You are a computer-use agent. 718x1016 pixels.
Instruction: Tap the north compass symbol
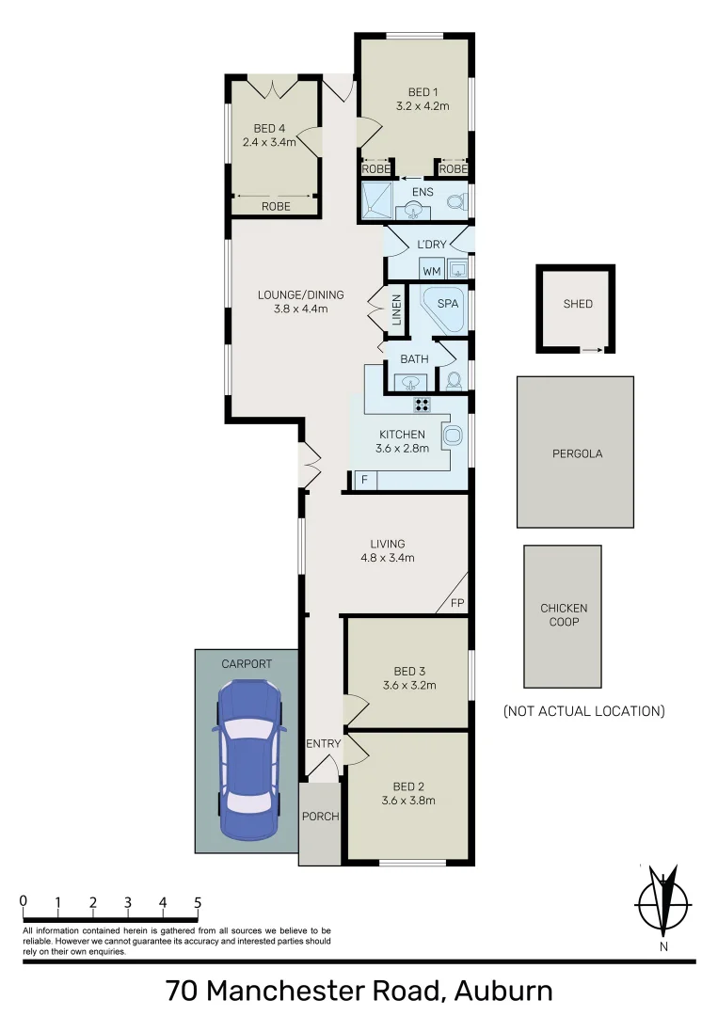coord(664,903)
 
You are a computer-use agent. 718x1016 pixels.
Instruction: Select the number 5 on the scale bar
coord(198,902)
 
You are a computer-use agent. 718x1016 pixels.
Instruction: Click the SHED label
coord(578,304)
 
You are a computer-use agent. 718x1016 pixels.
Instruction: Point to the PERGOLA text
coord(576,453)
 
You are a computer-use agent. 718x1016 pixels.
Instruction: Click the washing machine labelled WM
coord(432,271)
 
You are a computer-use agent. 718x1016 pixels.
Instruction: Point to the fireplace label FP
coord(457,603)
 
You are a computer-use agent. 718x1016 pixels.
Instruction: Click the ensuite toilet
coord(455,202)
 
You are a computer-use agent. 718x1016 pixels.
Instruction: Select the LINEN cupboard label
coord(397,311)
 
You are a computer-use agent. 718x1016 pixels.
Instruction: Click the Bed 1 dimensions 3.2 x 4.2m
coord(423,106)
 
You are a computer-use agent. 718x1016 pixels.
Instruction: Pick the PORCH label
coord(320,816)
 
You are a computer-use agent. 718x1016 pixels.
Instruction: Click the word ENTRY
coord(323,744)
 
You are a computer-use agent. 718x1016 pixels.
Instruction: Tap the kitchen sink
coord(453,436)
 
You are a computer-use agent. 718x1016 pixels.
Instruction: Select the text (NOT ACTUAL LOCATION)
coord(583,710)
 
